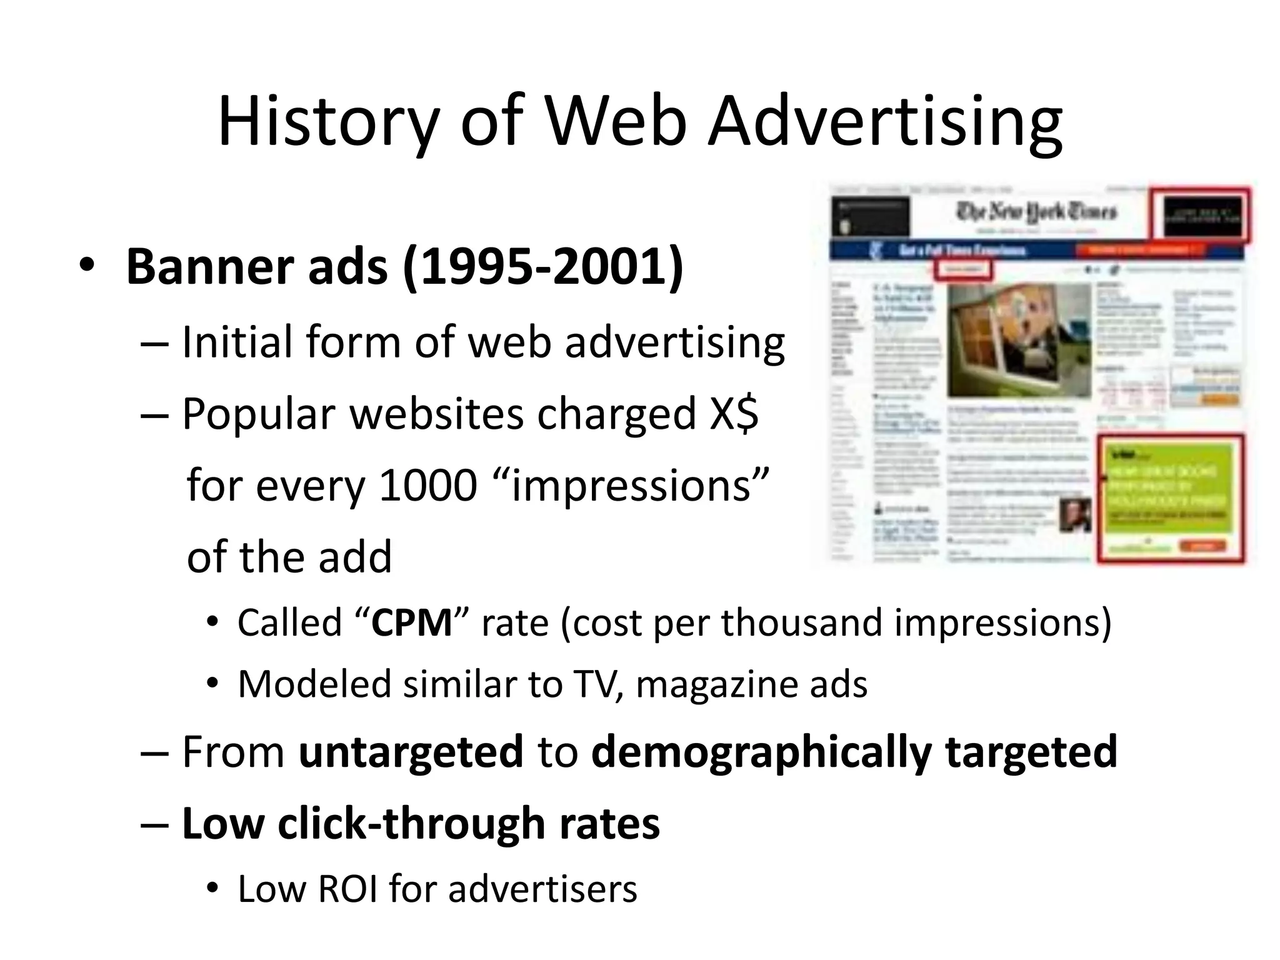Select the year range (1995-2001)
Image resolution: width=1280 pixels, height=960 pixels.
tap(543, 267)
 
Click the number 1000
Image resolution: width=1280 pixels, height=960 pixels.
tap(428, 486)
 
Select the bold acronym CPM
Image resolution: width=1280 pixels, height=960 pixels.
tap(411, 622)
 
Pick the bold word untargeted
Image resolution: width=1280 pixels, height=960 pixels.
tap(411, 751)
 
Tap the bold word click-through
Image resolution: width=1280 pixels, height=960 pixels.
tap(412, 823)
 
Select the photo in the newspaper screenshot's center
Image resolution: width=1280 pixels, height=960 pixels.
tap(1019, 341)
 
